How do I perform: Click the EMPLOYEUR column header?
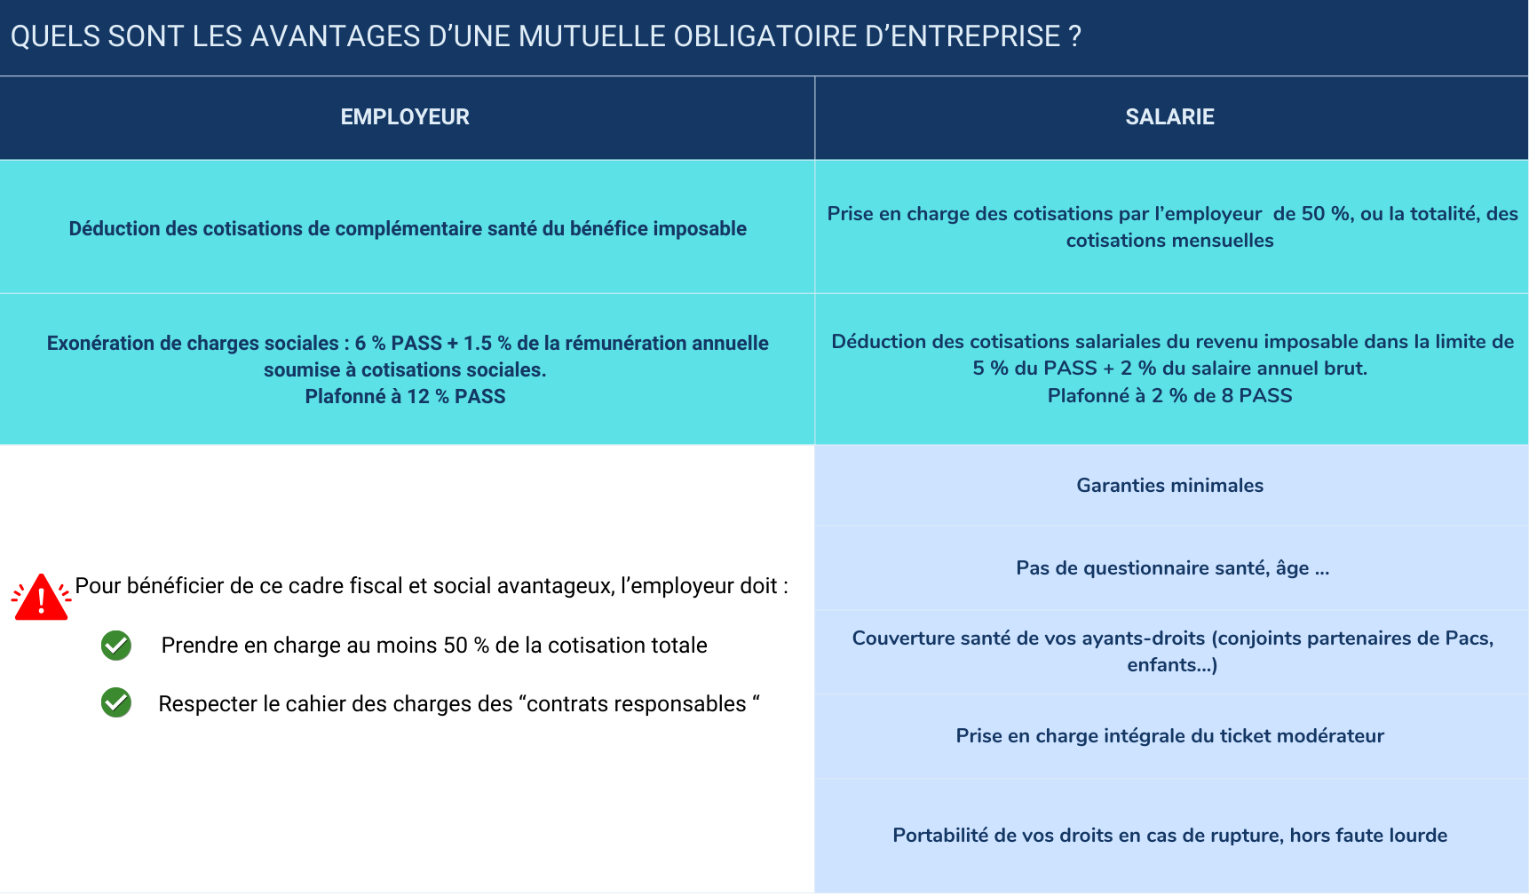[x=405, y=117]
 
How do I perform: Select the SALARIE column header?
[x=1169, y=117]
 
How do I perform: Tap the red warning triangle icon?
[x=41, y=597]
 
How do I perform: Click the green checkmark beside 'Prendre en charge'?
[x=116, y=646]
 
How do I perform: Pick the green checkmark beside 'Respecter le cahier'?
[x=116, y=703]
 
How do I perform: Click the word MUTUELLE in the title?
[x=591, y=36]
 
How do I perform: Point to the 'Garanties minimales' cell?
[x=1169, y=486]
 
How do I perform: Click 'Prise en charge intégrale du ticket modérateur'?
[x=1169, y=736]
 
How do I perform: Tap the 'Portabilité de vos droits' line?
[x=1169, y=836]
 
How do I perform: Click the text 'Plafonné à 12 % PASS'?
[x=405, y=397]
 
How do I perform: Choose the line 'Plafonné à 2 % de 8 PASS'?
[x=1169, y=396]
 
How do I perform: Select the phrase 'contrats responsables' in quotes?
[x=637, y=704]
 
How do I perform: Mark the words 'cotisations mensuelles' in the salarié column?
[x=1169, y=241]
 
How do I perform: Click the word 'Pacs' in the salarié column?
[x=1467, y=638]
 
